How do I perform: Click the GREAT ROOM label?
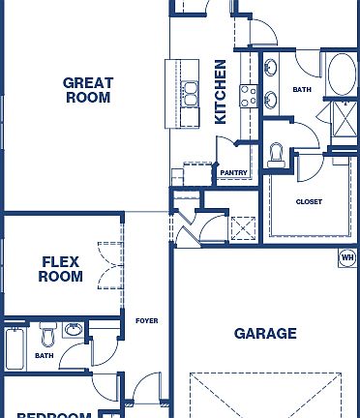pyautogui.click(x=88, y=90)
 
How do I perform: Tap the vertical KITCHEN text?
pyautogui.click(x=221, y=92)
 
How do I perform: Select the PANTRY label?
pyautogui.click(x=233, y=173)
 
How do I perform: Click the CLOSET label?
pyautogui.click(x=309, y=201)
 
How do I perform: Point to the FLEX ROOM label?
pyautogui.click(x=61, y=268)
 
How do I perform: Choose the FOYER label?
pyautogui.click(x=146, y=320)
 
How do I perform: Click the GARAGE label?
pyautogui.click(x=265, y=334)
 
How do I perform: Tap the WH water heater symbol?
pyautogui.click(x=347, y=257)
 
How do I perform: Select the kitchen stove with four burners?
pyautogui.click(x=247, y=96)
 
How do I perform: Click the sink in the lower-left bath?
pyautogui.click(x=75, y=331)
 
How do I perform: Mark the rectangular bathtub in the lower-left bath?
pyautogui.click(x=15, y=349)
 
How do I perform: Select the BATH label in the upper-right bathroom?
pyautogui.click(x=303, y=90)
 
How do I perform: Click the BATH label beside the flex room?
pyautogui.click(x=45, y=355)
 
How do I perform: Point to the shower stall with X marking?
pyautogui.click(x=344, y=119)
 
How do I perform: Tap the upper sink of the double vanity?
pyautogui.click(x=269, y=69)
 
